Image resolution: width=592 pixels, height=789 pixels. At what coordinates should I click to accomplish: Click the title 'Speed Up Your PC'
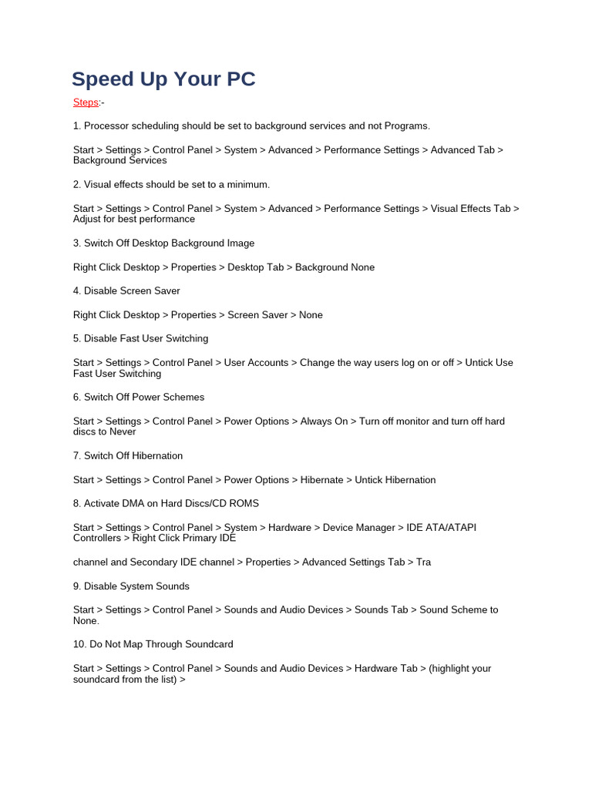163,79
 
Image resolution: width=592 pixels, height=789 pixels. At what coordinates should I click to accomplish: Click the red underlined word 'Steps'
86,102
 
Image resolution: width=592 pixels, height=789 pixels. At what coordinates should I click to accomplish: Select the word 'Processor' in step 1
107,126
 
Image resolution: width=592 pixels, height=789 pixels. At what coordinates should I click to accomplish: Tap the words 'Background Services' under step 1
119,161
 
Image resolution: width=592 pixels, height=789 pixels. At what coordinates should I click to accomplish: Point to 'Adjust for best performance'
134,220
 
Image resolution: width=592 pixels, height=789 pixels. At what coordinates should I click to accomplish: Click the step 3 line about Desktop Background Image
163,243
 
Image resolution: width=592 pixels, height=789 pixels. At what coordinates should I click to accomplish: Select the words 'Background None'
335,267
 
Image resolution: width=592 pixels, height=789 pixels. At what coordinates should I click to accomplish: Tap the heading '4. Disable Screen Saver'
126,290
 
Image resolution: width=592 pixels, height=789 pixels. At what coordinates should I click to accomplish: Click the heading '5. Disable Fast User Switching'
140,338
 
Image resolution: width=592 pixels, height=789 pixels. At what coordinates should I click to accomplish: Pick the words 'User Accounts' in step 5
256,363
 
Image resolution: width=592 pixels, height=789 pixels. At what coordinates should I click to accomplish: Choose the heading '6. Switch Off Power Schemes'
139,397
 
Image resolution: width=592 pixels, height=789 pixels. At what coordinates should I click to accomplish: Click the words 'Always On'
324,421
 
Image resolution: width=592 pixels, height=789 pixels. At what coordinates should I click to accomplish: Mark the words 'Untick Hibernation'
395,480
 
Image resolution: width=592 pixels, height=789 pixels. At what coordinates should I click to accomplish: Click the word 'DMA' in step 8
141,503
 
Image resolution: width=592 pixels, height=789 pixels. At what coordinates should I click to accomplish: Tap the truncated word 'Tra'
423,562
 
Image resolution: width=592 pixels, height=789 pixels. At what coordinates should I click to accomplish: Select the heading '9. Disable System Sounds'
131,586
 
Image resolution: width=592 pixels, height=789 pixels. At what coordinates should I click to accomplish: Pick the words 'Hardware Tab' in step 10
385,668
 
